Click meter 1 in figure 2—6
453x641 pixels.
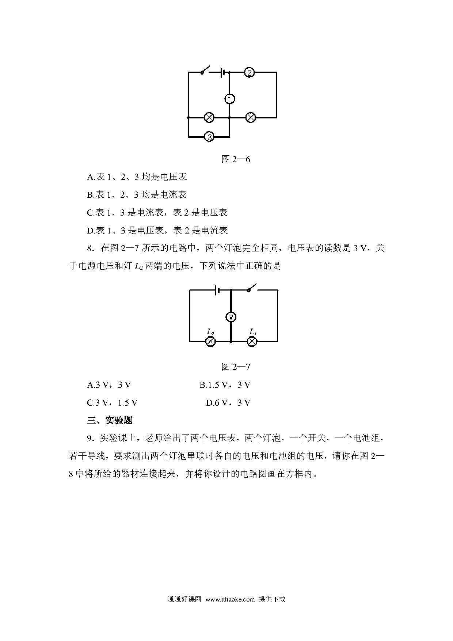(229, 99)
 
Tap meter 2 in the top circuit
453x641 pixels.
(249, 72)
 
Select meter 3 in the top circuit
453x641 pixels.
(209, 137)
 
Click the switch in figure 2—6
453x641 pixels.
(205, 70)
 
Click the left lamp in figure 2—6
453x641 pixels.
(209, 118)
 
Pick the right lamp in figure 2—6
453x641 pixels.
(251, 118)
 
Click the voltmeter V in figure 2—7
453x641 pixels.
(231, 317)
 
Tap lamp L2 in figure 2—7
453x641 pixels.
(210, 341)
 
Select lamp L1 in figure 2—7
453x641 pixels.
(252, 341)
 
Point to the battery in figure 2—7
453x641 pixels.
(217, 290)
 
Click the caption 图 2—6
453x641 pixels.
(236, 159)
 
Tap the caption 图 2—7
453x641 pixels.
(236, 367)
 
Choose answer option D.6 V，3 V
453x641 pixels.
(228, 403)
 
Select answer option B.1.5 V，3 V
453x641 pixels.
(225, 385)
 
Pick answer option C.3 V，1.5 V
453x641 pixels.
(112, 403)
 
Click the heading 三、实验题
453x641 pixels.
(110, 420)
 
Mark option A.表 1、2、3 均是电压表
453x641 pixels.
(137, 177)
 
